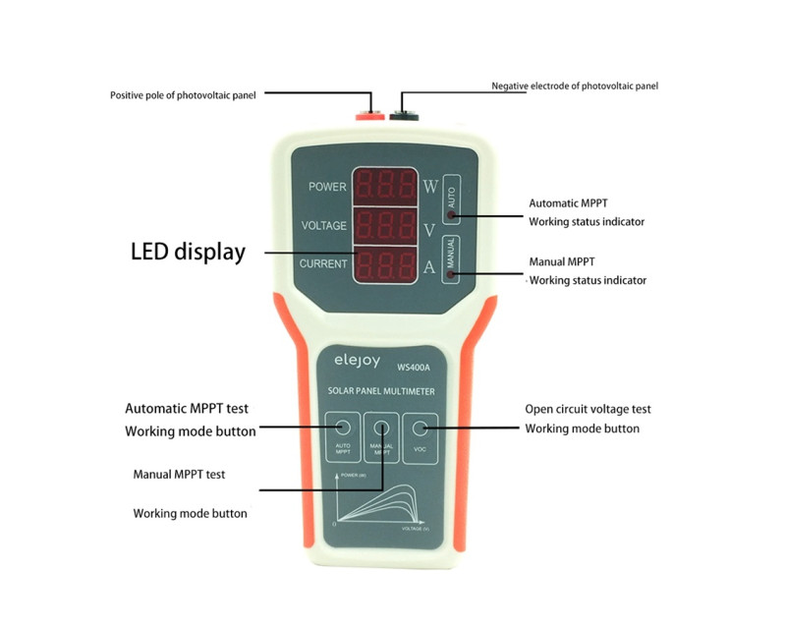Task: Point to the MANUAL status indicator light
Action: [x=451, y=274]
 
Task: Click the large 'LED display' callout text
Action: [x=188, y=252]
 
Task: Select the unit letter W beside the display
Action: [x=430, y=187]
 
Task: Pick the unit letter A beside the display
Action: [x=429, y=264]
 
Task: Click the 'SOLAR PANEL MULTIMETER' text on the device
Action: [x=381, y=391]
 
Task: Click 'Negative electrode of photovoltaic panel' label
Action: [x=574, y=86]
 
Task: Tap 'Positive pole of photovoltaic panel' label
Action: [x=185, y=95]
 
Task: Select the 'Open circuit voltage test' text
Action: [x=588, y=409]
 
